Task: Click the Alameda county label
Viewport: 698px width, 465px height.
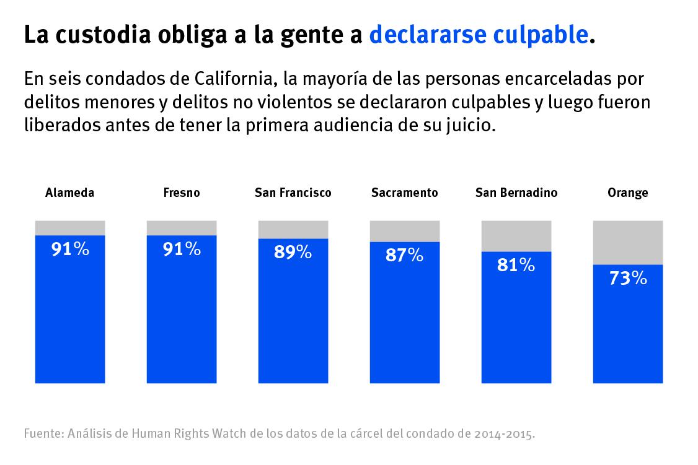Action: (x=70, y=193)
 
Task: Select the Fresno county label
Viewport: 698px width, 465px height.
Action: (x=182, y=193)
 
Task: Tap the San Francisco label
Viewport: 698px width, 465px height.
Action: (x=293, y=193)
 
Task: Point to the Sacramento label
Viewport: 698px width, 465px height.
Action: (x=405, y=193)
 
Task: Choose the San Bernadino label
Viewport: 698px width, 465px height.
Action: (x=516, y=193)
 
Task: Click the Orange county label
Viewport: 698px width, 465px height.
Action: (x=628, y=193)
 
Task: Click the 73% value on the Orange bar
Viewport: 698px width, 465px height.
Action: (x=628, y=279)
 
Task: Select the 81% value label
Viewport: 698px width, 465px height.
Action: (x=516, y=265)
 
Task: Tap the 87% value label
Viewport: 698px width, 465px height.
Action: (x=405, y=255)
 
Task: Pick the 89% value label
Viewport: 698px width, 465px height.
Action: (x=293, y=252)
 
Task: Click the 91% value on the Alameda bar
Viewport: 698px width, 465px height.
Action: (x=70, y=249)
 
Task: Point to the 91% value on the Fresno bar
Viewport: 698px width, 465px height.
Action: (x=182, y=249)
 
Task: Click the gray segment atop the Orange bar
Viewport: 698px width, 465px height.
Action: (x=628, y=242)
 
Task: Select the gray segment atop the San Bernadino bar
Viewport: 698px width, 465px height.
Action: (x=516, y=235)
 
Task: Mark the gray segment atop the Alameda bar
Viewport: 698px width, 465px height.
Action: (x=70, y=227)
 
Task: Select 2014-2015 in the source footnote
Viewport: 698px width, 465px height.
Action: (x=503, y=433)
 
